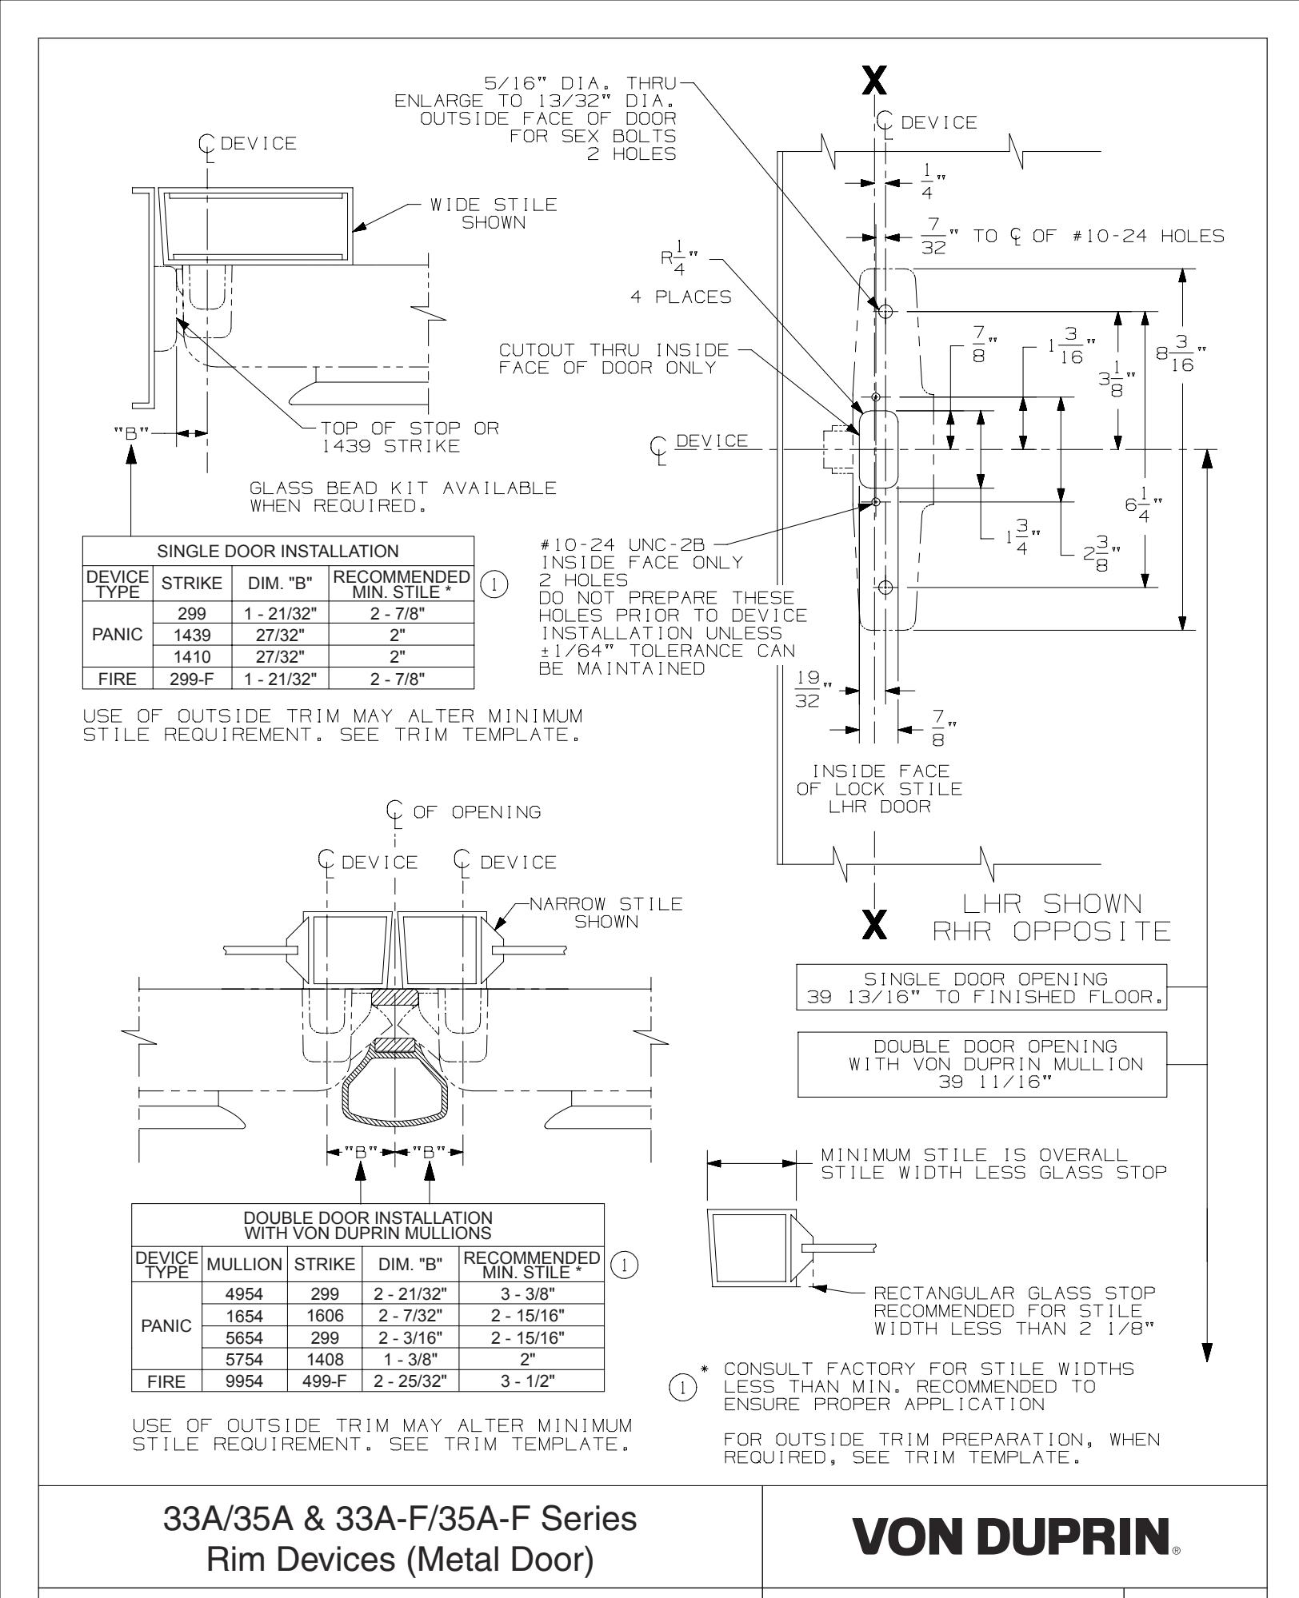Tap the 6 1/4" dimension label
coord(1145,508)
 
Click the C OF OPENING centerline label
coord(462,812)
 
